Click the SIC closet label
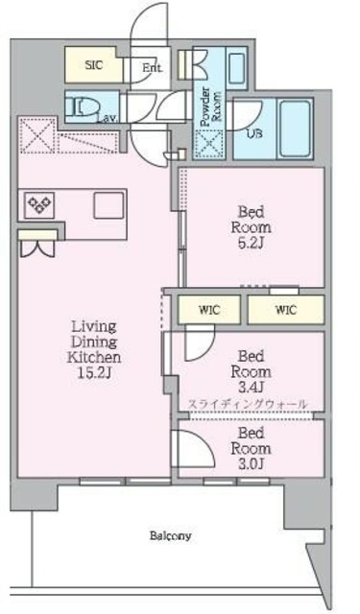[x=93, y=65]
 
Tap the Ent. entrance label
[x=151, y=68]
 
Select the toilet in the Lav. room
[x=83, y=105]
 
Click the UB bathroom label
[x=254, y=132]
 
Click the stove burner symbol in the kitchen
[x=40, y=204]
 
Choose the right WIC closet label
[x=284, y=309]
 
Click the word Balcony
[x=170, y=535]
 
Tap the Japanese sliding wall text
[x=248, y=404]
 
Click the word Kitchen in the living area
[x=94, y=356]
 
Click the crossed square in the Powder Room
[x=206, y=143]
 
